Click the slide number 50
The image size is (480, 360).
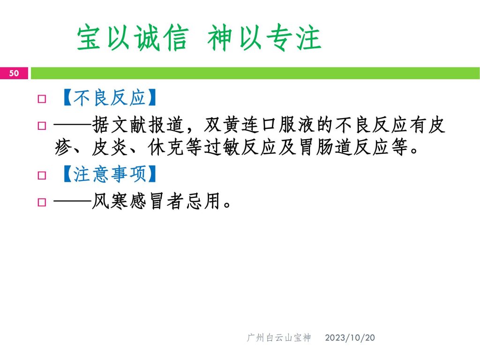(x=14, y=73)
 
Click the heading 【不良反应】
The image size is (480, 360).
(x=109, y=98)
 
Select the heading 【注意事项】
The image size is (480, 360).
(x=109, y=174)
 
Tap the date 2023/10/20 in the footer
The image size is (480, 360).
(x=350, y=337)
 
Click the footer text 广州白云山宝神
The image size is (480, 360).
(x=278, y=337)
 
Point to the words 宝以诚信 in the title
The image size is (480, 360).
(x=132, y=38)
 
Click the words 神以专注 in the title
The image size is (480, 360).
(x=264, y=38)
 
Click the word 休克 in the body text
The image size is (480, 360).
(x=166, y=147)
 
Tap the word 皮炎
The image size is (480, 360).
(x=110, y=147)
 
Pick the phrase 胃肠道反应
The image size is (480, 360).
(x=344, y=147)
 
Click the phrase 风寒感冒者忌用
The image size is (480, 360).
(x=157, y=201)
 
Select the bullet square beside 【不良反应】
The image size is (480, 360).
(x=42, y=99)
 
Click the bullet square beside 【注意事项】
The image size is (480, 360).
(x=42, y=175)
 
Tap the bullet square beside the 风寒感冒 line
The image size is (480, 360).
(x=42, y=202)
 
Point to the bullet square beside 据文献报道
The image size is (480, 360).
(x=42, y=126)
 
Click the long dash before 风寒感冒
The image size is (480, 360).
(x=73, y=202)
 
